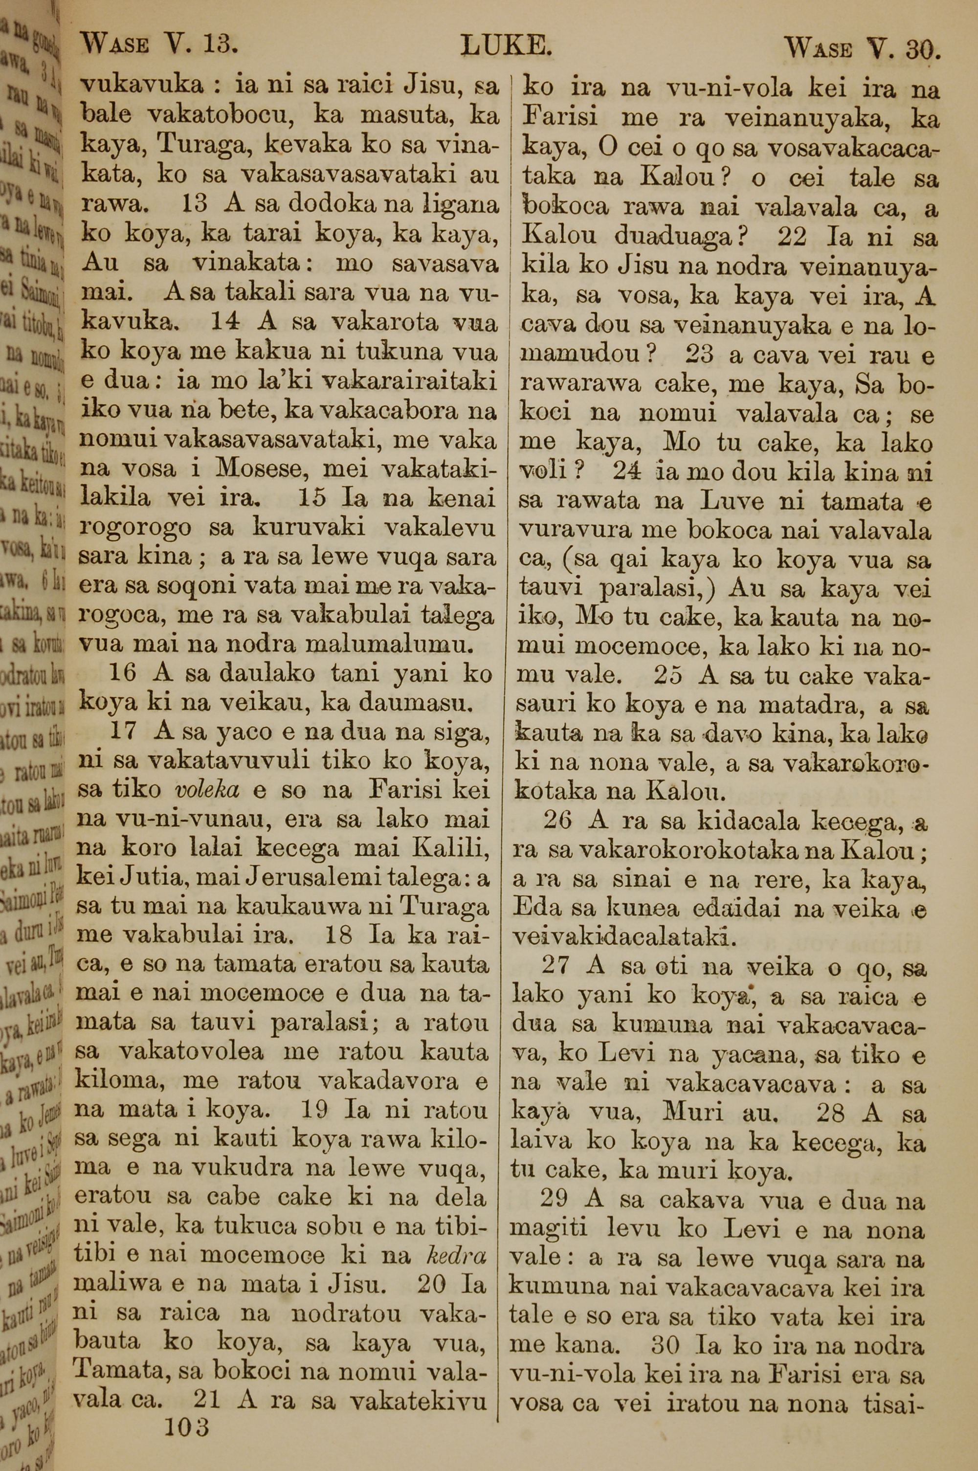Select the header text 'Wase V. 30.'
click(860, 47)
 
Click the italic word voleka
click(204, 790)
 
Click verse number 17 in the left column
click(123, 732)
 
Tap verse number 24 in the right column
click(627, 472)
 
